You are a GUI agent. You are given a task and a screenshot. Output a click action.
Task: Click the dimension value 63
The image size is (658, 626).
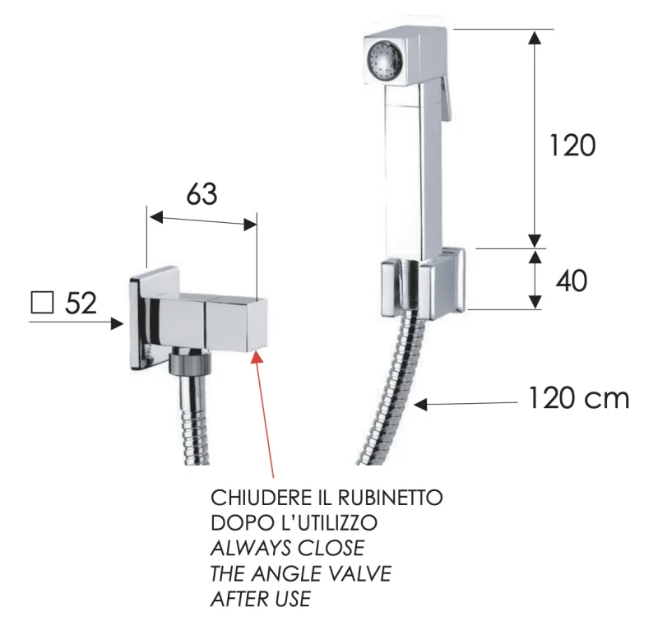coord(202,194)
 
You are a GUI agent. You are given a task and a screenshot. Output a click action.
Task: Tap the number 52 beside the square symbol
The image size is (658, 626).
coord(81,303)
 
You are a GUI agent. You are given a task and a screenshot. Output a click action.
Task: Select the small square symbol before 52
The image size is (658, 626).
coord(42,303)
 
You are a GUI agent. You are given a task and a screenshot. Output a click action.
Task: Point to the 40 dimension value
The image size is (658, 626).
coord(571,281)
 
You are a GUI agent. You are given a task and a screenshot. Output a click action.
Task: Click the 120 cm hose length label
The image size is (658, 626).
coord(579,398)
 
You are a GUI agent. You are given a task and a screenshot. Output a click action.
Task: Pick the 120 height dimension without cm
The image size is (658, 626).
coord(572,146)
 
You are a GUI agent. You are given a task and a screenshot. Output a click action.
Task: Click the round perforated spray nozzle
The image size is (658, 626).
coord(385,58)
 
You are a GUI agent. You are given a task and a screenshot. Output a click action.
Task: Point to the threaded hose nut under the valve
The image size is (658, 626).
coord(190,364)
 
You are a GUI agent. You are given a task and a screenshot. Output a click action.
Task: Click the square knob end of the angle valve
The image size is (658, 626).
coord(236,324)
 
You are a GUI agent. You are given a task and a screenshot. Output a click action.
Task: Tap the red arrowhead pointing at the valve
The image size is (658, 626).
coord(257,357)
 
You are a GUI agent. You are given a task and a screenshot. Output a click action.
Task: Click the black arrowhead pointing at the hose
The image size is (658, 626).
coord(420,405)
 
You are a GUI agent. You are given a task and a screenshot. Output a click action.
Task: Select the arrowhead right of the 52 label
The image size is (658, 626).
coord(117,323)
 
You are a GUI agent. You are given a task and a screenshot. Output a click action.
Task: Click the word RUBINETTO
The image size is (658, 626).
coord(390,498)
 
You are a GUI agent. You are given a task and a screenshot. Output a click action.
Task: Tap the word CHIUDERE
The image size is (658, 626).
coord(260,498)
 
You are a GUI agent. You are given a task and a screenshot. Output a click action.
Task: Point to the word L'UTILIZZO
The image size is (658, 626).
coord(328,523)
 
